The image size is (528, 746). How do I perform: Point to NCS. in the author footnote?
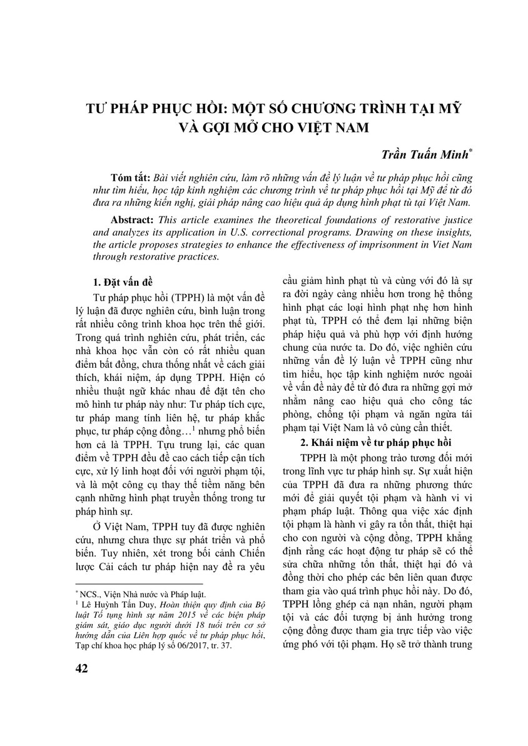point(89,594)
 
